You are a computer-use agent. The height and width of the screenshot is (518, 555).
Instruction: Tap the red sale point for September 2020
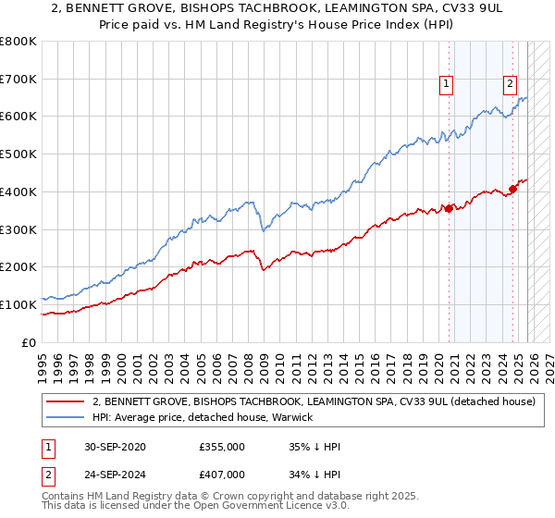[450, 208]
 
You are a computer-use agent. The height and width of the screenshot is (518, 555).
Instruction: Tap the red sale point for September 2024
[512, 190]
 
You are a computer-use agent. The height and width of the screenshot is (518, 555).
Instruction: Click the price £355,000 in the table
[221, 447]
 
